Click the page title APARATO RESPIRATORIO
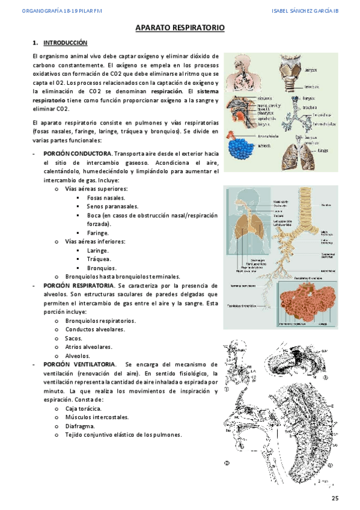click(180, 28)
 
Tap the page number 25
click(335, 499)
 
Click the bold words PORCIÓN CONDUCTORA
click(78, 154)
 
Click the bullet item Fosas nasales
click(106, 197)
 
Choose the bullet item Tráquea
click(97, 259)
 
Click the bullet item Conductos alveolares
click(95, 330)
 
